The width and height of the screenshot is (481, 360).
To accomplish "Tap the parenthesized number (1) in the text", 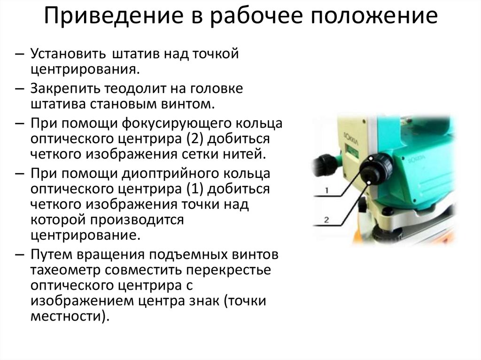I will click(x=194, y=189).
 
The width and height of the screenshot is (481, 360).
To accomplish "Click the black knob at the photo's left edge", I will click(x=324, y=165).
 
